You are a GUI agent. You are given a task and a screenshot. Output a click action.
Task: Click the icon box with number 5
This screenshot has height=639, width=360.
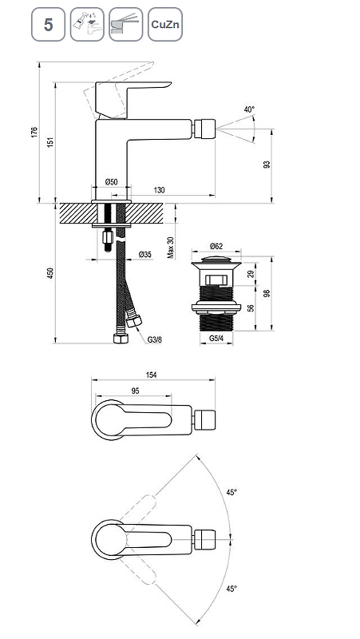pyautogui.click(x=48, y=26)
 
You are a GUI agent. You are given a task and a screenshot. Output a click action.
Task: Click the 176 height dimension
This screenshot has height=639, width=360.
pyautogui.click(x=34, y=132)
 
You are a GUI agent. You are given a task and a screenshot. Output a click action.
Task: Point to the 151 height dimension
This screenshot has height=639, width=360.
pyautogui.click(x=49, y=141)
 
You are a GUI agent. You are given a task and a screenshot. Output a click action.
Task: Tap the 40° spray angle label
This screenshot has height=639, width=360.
pyautogui.click(x=249, y=109)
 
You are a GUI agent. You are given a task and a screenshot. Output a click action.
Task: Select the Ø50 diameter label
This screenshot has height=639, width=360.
pyautogui.click(x=110, y=182)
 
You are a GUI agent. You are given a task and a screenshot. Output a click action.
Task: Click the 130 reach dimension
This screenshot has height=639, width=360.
pyautogui.click(x=160, y=190)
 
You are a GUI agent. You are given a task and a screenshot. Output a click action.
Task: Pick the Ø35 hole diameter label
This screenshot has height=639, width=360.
pyautogui.click(x=144, y=254)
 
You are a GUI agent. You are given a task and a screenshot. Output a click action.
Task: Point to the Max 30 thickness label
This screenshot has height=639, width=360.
pyautogui.click(x=170, y=248)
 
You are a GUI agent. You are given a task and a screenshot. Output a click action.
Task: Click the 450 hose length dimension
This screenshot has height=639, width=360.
pyautogui.click(x=49, y=273)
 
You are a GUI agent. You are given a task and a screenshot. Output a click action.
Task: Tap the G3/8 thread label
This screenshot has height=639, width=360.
pyautogui.click(x=154, y=339)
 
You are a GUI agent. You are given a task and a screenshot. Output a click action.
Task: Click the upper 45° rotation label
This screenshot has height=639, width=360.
pyautogui.click(x=231, y=493)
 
